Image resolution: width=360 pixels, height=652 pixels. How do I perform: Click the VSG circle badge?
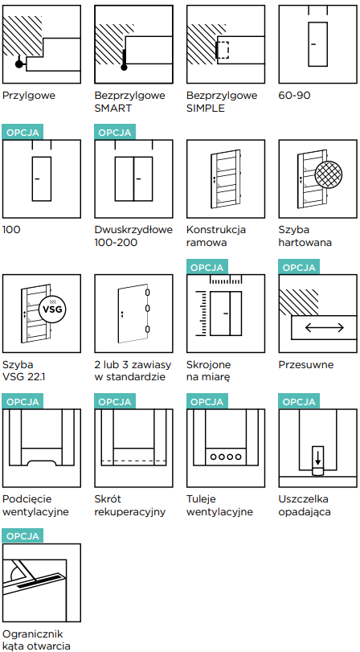[53, 309]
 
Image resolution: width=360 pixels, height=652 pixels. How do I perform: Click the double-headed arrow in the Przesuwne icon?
[325, 328]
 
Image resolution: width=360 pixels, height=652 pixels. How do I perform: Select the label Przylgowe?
[29, 96]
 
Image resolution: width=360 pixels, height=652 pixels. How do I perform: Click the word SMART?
[112, 109]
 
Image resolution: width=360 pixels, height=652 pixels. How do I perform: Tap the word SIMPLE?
[206, 109]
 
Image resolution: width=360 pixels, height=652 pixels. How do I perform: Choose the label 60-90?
[294, 95]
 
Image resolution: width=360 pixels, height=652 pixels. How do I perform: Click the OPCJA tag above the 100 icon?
[22, 132]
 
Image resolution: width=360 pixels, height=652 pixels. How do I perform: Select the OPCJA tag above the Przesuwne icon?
[299, 267]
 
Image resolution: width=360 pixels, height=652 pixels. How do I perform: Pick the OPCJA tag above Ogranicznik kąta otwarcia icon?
[22, 535]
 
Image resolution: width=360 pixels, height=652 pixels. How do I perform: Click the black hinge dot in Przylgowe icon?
[18, 64]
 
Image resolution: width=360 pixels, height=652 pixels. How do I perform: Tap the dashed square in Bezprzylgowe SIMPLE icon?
[223, 50]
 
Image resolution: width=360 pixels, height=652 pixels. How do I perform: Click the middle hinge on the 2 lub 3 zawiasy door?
[147, 308]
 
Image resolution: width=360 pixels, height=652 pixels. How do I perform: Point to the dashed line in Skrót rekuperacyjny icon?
[134, 461]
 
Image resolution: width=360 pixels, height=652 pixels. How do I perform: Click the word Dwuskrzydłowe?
[133, 230]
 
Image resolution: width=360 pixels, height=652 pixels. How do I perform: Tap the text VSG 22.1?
[27, 378]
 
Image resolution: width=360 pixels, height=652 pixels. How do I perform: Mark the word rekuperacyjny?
[130, 512]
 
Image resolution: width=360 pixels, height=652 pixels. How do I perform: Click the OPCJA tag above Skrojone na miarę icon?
[207, 267]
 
